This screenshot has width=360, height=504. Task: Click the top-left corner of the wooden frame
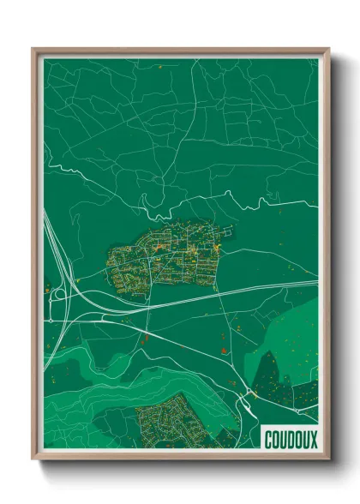33,49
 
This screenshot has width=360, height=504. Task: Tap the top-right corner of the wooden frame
328,49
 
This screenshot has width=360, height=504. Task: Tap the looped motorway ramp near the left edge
58,297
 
